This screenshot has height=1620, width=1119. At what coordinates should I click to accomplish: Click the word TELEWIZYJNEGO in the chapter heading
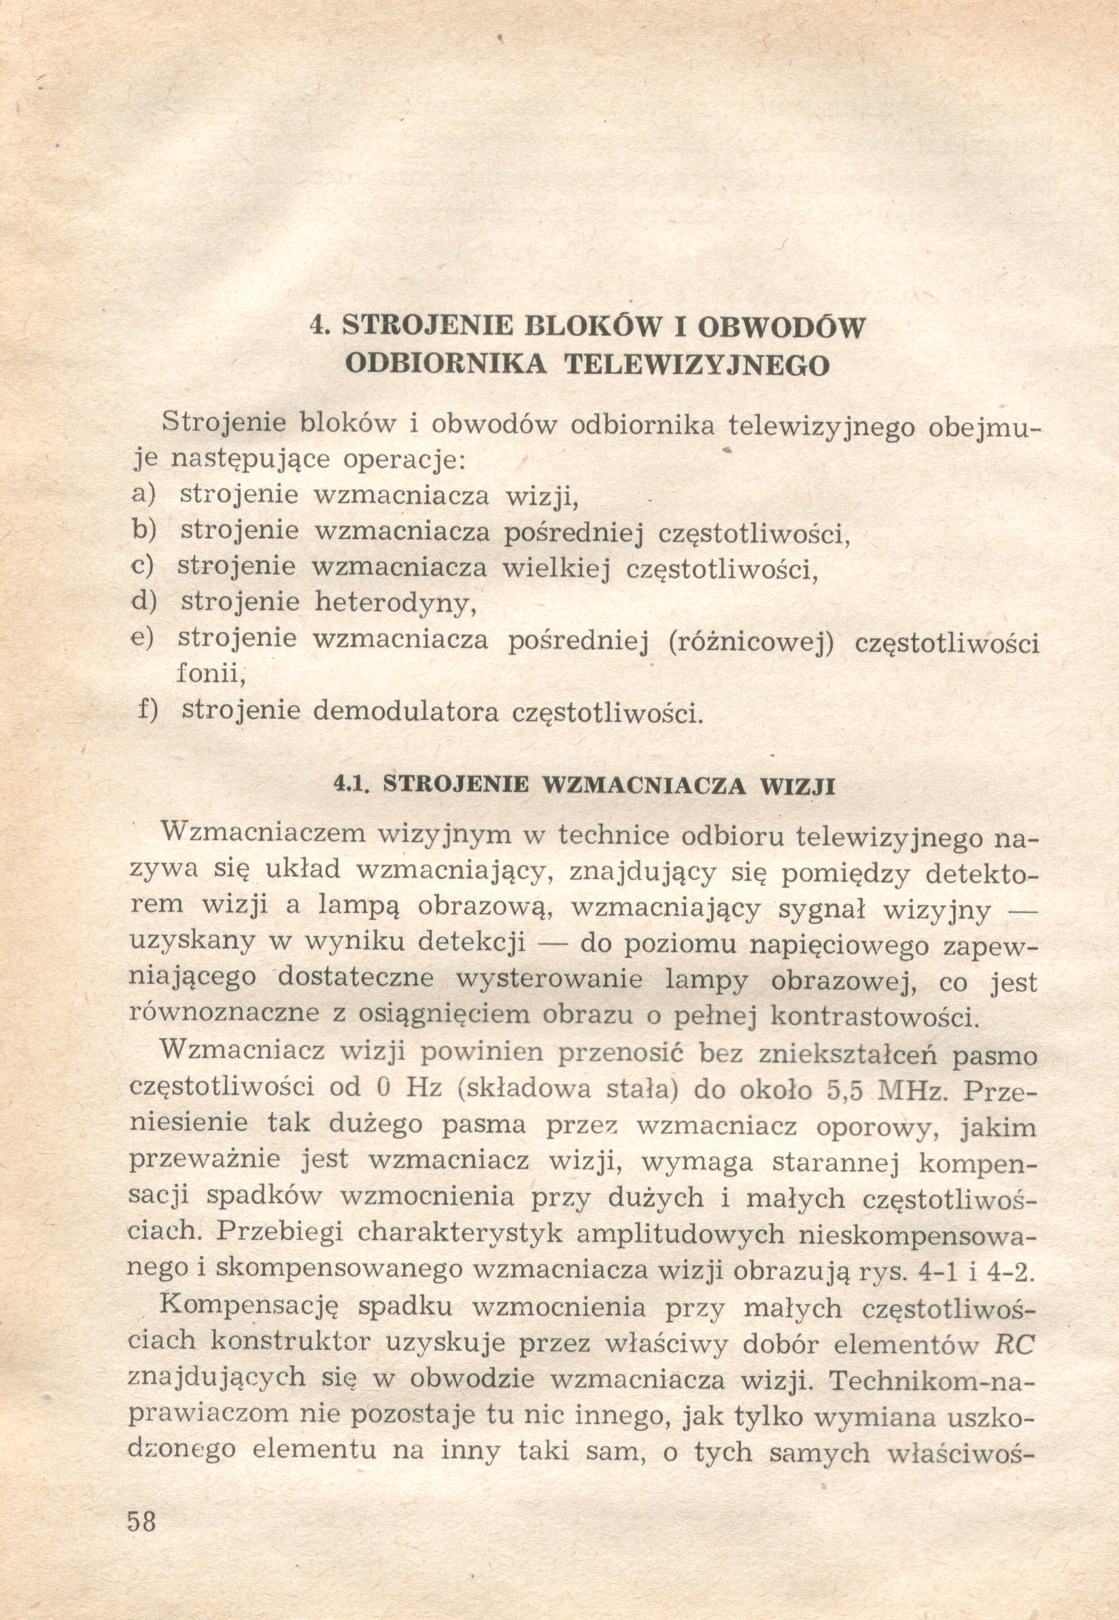click(x=698, y=364)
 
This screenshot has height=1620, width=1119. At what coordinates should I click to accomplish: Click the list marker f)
click(x=148, y=710)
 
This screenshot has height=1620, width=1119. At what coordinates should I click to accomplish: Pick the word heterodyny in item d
click(x=396, y=602)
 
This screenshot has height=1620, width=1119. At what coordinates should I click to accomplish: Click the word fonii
click(x=209, y=674)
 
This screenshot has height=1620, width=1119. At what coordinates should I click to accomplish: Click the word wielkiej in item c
click(x=553, y=566)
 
